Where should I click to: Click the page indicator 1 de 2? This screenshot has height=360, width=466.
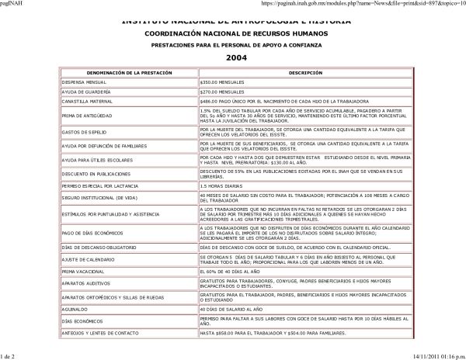pos(10,355)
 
